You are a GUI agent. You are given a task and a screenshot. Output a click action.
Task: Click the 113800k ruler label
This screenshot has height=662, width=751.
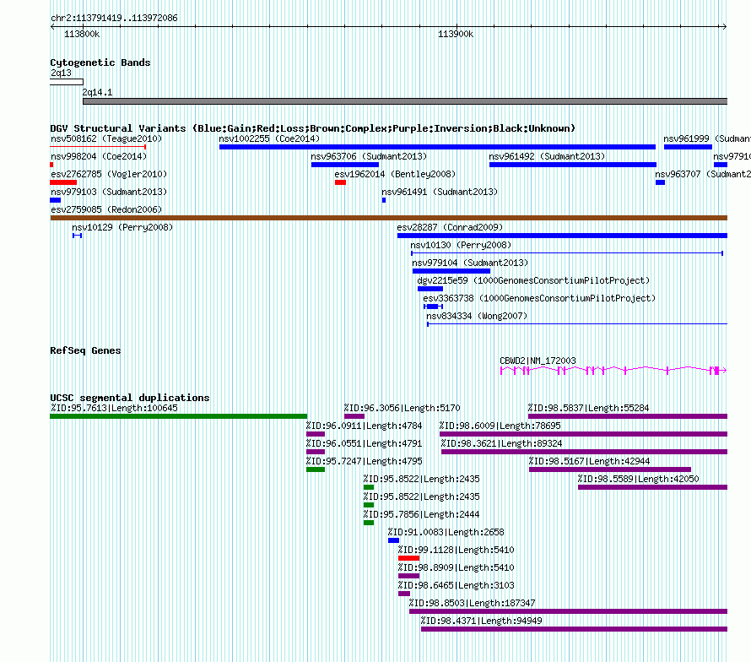pyautogui.click(x=82, y=35)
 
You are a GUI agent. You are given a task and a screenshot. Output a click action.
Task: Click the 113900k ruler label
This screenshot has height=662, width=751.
pyautogui.click(x=455, y=35)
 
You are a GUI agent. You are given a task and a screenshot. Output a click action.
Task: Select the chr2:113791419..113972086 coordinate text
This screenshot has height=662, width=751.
pyautogui.click(x=114, y=18)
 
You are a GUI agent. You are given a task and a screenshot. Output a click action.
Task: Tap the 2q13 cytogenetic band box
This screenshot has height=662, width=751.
pyautogui.click(x=67, y=82)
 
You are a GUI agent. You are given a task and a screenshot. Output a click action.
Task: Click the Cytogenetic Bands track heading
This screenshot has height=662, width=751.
pyautogui.click(x=100, y=62)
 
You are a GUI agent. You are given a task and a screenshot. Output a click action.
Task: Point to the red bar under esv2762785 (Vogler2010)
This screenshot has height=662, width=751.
pyautogui.click(x=63, y=182)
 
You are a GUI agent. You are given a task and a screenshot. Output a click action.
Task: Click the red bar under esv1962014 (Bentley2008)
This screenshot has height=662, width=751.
pyautogui.click(x=340, y=182)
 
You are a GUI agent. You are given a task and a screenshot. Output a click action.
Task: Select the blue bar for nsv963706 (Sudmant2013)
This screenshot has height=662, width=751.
pyautogui.click(x=344, y=165)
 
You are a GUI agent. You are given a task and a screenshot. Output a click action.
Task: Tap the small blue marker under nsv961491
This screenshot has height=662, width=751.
pyautogui.click(x=384, y=200)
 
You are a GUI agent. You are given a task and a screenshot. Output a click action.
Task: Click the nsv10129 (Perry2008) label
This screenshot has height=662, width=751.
pyautogui.click(x=122, y=227)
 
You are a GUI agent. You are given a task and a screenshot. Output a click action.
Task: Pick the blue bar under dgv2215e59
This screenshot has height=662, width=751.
pyautogui.click(x=430, y=289)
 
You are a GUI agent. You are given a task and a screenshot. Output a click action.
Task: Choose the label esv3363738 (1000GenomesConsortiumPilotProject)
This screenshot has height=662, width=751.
pyautogui.click(x=538, y=298)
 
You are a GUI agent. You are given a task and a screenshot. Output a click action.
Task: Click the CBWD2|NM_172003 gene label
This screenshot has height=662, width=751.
pyautogui.click(x=538, y=361)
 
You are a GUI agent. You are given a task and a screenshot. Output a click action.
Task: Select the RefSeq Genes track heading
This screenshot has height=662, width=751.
pyautogui.click(x=85, y=350)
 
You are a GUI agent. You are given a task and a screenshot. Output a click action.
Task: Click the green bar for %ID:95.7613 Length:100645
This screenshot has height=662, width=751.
pyautogui.click(x=178, y=416)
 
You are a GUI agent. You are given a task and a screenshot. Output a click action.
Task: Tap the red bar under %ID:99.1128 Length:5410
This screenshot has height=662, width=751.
pyautogui.click(x=408, y=557)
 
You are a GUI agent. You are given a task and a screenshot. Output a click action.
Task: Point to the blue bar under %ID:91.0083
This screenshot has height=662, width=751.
pyautogui.click(x=393, y=540)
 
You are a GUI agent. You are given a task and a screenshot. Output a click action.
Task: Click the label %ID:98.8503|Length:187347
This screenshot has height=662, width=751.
pyautogui.click(x=472, y=603)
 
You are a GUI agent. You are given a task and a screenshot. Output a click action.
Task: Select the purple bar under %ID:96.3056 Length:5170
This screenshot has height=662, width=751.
pyautogui.click(x=354, y=416)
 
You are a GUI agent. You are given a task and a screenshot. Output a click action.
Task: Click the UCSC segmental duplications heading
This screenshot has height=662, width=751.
pyautogui.click(x=130, y=398)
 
